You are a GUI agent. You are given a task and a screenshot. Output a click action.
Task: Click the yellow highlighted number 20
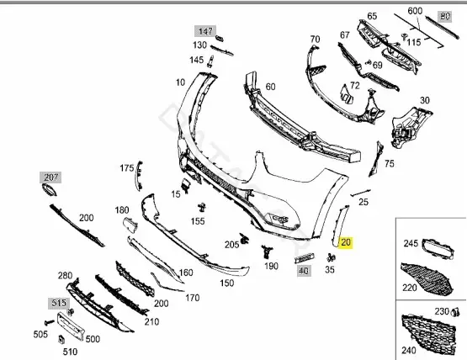click(x=346, y=242)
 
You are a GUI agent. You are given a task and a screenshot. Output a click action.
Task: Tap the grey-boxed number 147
click(x=205, y=31)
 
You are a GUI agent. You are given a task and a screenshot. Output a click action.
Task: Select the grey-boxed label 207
click(x=50, y=177)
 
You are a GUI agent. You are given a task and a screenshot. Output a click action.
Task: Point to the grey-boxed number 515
click(x=59, y=303)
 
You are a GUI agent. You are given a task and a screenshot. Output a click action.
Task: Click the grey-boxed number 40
click(x=304, y=271)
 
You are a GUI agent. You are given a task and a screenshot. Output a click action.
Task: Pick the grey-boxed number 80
click(x=445, y=16)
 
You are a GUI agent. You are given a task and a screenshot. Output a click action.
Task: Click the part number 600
click(x=415, y=11)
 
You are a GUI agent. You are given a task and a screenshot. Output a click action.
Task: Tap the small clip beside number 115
click(x=404, y=37)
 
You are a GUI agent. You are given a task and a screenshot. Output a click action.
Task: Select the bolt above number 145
click(x=211, y=61)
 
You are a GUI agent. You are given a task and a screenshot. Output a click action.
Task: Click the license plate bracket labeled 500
click(x=71, y=326)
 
